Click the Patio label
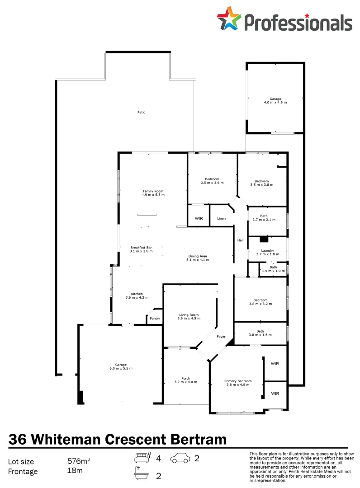142,112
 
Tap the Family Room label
153,191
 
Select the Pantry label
155,319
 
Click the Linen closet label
221,219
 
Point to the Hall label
241,240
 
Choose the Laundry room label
267,251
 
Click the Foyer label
221,337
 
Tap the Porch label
185,378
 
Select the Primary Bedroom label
238,381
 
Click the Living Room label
189,315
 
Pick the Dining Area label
198,256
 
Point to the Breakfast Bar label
141,247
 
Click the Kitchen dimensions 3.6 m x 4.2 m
137,298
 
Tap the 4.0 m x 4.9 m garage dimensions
275,103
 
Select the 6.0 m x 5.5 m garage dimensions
121,369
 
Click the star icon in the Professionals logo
229,19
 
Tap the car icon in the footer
180,459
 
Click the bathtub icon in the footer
142,474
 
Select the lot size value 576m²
79,461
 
